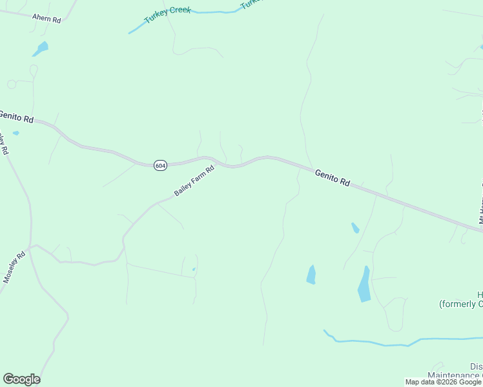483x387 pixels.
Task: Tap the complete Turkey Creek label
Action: [167, 15]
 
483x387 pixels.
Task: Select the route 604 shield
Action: [161, 166]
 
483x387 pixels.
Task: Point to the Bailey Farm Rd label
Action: [194, 182]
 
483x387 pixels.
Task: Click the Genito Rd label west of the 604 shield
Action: [15, 116]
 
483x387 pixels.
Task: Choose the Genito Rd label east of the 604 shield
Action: [333, 178]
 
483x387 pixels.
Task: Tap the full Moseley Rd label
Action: [14, 266]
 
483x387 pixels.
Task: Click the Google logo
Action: [21, 379]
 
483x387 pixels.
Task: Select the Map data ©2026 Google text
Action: [443, 382]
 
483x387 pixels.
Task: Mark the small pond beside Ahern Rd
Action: [41, 48]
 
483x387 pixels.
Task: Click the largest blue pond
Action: [365, 284]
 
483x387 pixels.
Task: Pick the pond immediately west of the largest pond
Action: [311, 275]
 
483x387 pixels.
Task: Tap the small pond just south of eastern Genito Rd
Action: [355, 228]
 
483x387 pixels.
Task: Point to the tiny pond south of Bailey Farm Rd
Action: [193, 270]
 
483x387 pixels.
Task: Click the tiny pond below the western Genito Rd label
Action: [15, 134]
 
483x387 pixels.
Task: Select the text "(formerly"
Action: [458, 304]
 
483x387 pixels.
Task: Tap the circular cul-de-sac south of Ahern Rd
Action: [12, 84]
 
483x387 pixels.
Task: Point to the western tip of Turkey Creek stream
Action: [130, 33]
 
